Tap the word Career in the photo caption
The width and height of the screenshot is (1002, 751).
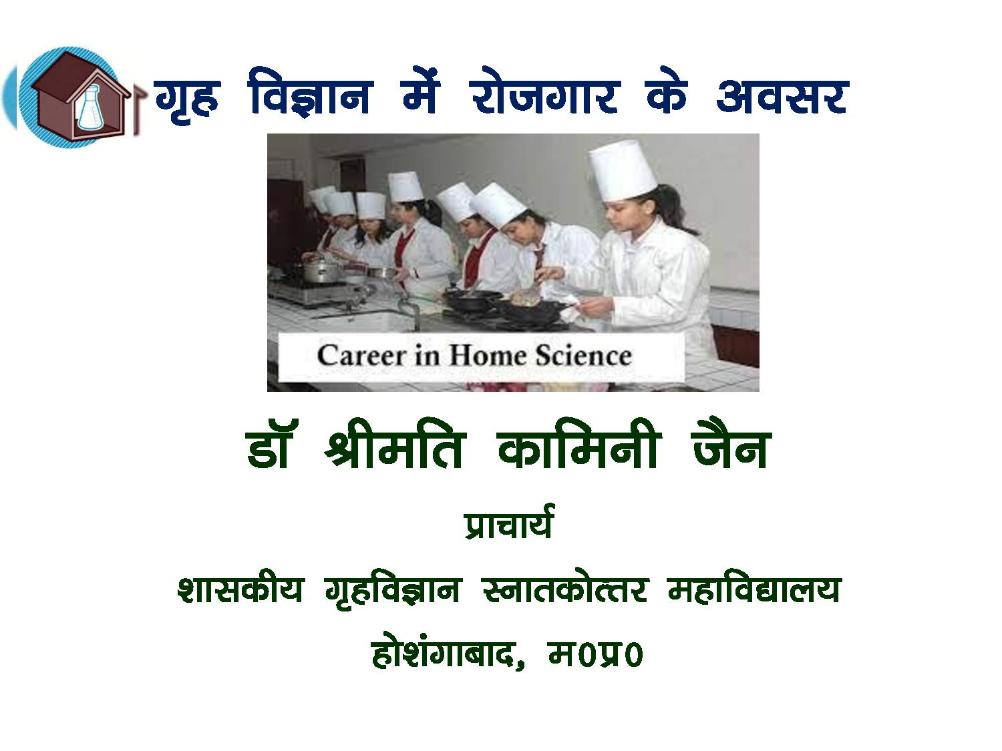pyautogui.click(x=361, y=355)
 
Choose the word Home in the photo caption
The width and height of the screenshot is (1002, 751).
pyautogui.click(x=488, y=355)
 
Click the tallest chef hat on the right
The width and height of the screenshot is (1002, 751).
pyautogui.click(x=623, y=170)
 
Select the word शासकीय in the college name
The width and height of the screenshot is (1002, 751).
pyautogui.click(x=240, y=590)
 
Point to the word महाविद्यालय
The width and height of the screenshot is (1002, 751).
pyautogui.click(x=754, y=590)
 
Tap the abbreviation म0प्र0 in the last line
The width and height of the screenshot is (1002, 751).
pyautogui.click(x=596, y=655)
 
